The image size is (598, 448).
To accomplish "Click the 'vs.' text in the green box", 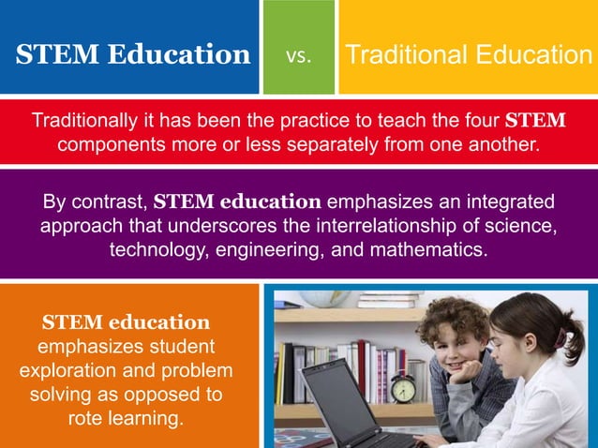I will click(298, 55).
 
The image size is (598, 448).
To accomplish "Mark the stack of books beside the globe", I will click(390, 300).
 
